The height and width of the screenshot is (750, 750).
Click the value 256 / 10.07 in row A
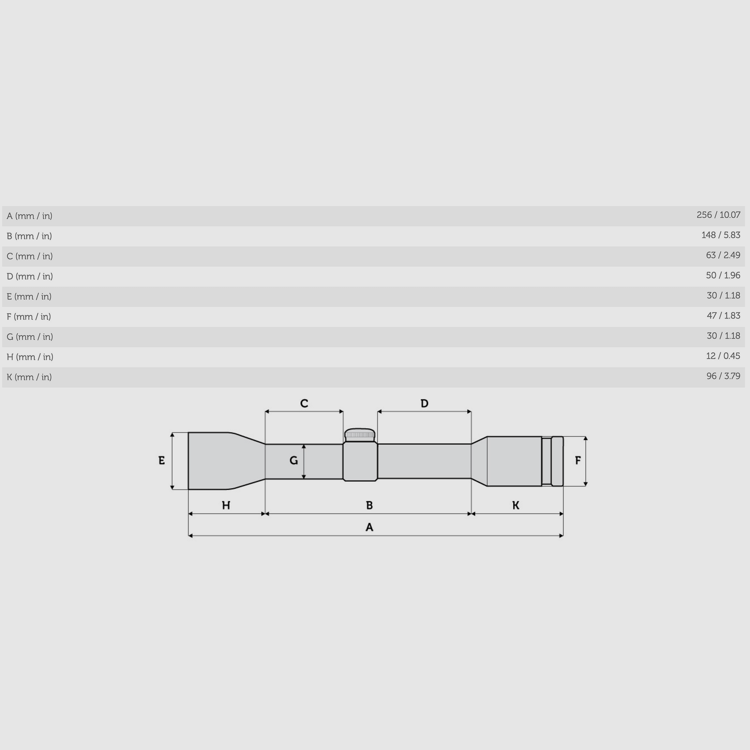click(x=718, y=215)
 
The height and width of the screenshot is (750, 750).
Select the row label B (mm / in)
click(x=29, y=236)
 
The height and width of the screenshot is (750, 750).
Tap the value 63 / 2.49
click(x=723, y=255)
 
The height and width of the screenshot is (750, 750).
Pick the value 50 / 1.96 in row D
click(x=723, y=275)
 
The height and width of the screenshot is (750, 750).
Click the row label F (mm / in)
click(x=29, y=317)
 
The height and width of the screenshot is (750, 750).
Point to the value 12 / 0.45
click(x=723, y=356)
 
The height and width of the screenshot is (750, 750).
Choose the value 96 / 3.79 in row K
click(x=723, y=376)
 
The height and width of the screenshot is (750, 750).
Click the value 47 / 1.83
click(x=723, y=316)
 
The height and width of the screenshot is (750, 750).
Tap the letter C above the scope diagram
click(x=304, y=403)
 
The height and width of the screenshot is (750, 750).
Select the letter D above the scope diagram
click(x=424, y=403)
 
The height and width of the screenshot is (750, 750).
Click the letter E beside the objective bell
click(x=162, y=461)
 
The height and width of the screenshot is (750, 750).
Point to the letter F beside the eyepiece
click(x=577, y=461)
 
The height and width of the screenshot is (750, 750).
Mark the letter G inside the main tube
click(x=294, y=461)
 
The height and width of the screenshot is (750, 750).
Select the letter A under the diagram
click(x=369, y=527)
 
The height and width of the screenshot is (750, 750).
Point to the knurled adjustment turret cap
click(x=360, y=434)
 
